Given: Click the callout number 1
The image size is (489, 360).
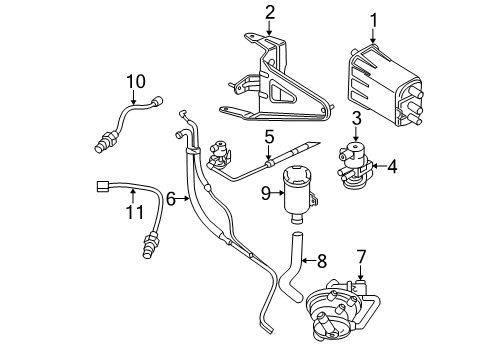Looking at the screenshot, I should [375, 20].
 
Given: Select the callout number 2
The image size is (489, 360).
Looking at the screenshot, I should [269, 13].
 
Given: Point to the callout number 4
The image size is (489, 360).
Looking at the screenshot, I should [393, 166].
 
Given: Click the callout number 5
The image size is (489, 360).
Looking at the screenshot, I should [269, 135].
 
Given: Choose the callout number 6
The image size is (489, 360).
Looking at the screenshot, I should [171, 199].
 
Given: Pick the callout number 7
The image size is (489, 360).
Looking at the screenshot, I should [361, 257].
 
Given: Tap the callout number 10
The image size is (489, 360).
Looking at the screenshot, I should [135, 79].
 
